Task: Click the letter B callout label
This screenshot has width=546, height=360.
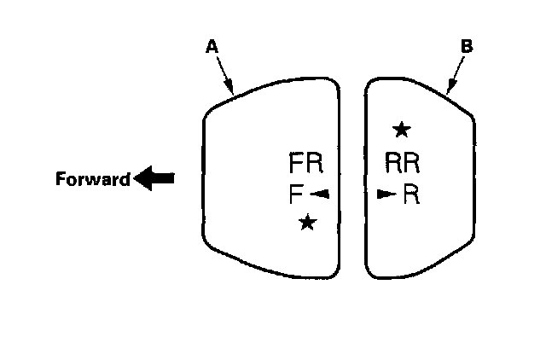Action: coord(466,48)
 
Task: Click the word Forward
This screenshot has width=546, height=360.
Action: coord(92,180)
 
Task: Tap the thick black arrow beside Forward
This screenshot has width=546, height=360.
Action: coord(154,179)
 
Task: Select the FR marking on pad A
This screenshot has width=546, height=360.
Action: coord(305,163)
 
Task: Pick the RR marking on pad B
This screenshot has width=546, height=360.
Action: coord(403,163)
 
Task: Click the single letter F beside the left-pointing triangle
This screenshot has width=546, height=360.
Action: coord(295,195)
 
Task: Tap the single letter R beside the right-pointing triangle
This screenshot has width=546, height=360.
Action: coord(411,195)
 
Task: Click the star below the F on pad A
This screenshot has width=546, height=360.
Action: coord(307,223)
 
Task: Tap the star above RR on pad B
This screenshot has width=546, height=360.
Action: coord(401,130)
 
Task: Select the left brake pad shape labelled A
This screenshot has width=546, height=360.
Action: coord(256,183)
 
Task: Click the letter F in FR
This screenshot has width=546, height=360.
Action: coord(296,163)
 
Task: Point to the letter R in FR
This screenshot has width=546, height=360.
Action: coord(314,163)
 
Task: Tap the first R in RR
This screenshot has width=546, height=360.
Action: coord(393,163)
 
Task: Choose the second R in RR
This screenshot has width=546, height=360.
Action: coord(412,163)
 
